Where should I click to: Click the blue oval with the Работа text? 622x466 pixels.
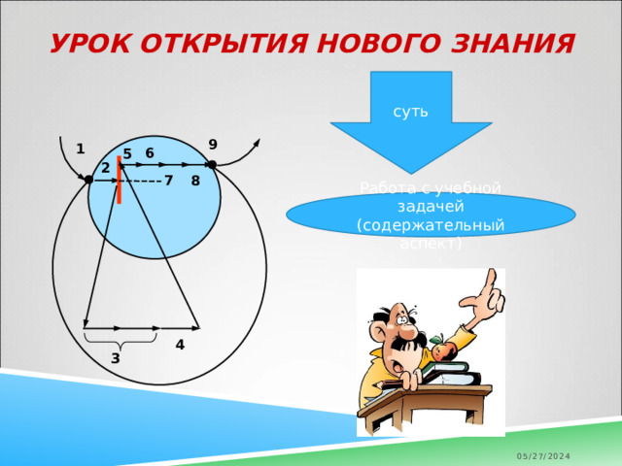pyautogui.click(x=431, y=216)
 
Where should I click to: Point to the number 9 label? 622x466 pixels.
pyautogui.click(x=213, y=145)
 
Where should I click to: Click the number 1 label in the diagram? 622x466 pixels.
pyautogui.click(x=80, y=150)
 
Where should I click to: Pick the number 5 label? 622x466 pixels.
pyautogui.click(x=127, y=154)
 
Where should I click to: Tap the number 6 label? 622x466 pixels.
pyautogui.click(x=150, y=152)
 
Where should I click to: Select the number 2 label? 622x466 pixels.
pyautogui.click(x=105, y=169)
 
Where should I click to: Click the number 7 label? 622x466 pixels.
pyautogui.click(x=168, y=181)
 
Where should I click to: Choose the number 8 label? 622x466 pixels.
pyautogui.click(x=195, y=181)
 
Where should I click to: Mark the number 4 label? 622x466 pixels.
pyautogui.click(x=180, y=345)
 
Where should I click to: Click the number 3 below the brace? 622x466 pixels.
pyautogui.click(x=115, y=358)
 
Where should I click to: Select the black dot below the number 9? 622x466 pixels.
pyautogui.click(x=211, y=165)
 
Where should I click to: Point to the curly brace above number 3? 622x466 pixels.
pyautogui.click(x=121, y=341)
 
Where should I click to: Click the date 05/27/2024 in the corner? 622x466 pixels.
pyautogui.click(x=543, y=455)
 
